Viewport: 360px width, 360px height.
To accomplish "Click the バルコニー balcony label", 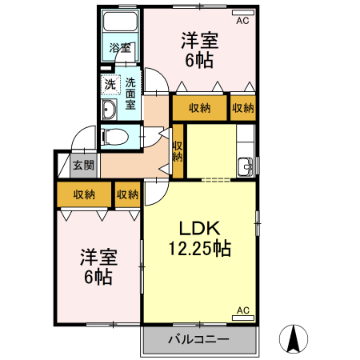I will [x=198, y=339].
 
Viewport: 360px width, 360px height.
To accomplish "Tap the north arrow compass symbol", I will [x=294, y=339].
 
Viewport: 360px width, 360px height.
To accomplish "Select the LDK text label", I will [x=199, y=226].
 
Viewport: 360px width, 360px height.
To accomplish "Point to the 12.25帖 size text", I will [x=199, y=248].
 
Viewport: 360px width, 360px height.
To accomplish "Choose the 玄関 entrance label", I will [x=83, y=166].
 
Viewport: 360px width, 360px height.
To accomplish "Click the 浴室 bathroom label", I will [x=120, y=48].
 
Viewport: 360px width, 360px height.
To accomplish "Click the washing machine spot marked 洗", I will [x=109, y=83].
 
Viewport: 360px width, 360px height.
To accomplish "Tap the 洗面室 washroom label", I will [x=130, y=92].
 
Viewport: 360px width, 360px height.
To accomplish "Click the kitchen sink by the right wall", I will [x=245, y=167].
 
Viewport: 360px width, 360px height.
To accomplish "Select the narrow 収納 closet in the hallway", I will [x=178, y=152].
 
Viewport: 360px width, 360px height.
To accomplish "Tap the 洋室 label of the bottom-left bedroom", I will [x=98, y=258].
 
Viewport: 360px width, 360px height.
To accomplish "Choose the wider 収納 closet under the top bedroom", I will [x=200, y=108].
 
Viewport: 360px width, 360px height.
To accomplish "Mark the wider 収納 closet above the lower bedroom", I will [x=84, y=194].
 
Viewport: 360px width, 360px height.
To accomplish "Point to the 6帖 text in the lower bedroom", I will [x=98, y=278].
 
